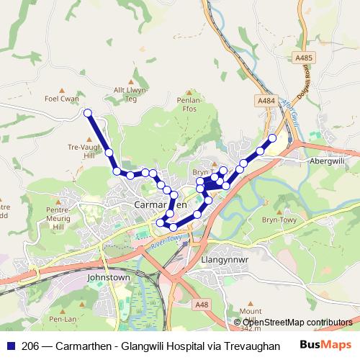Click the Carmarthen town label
(161, 204)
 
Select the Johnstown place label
(107, 276)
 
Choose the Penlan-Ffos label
(190, 102)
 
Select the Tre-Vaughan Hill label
(84, 150)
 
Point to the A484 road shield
(269, 101)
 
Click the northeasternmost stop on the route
(272, 138)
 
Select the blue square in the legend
(11, 346)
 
